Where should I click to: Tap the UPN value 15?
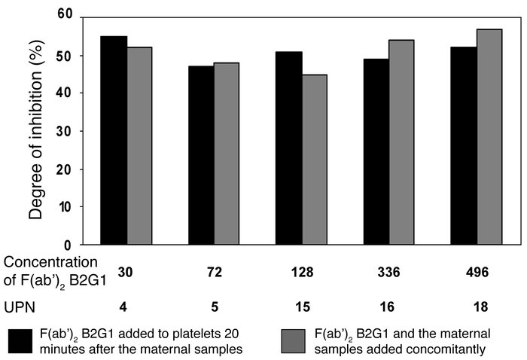(x=301, y=307)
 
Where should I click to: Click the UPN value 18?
(x=476, y=307)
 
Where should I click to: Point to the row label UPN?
(x=20, y=307)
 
